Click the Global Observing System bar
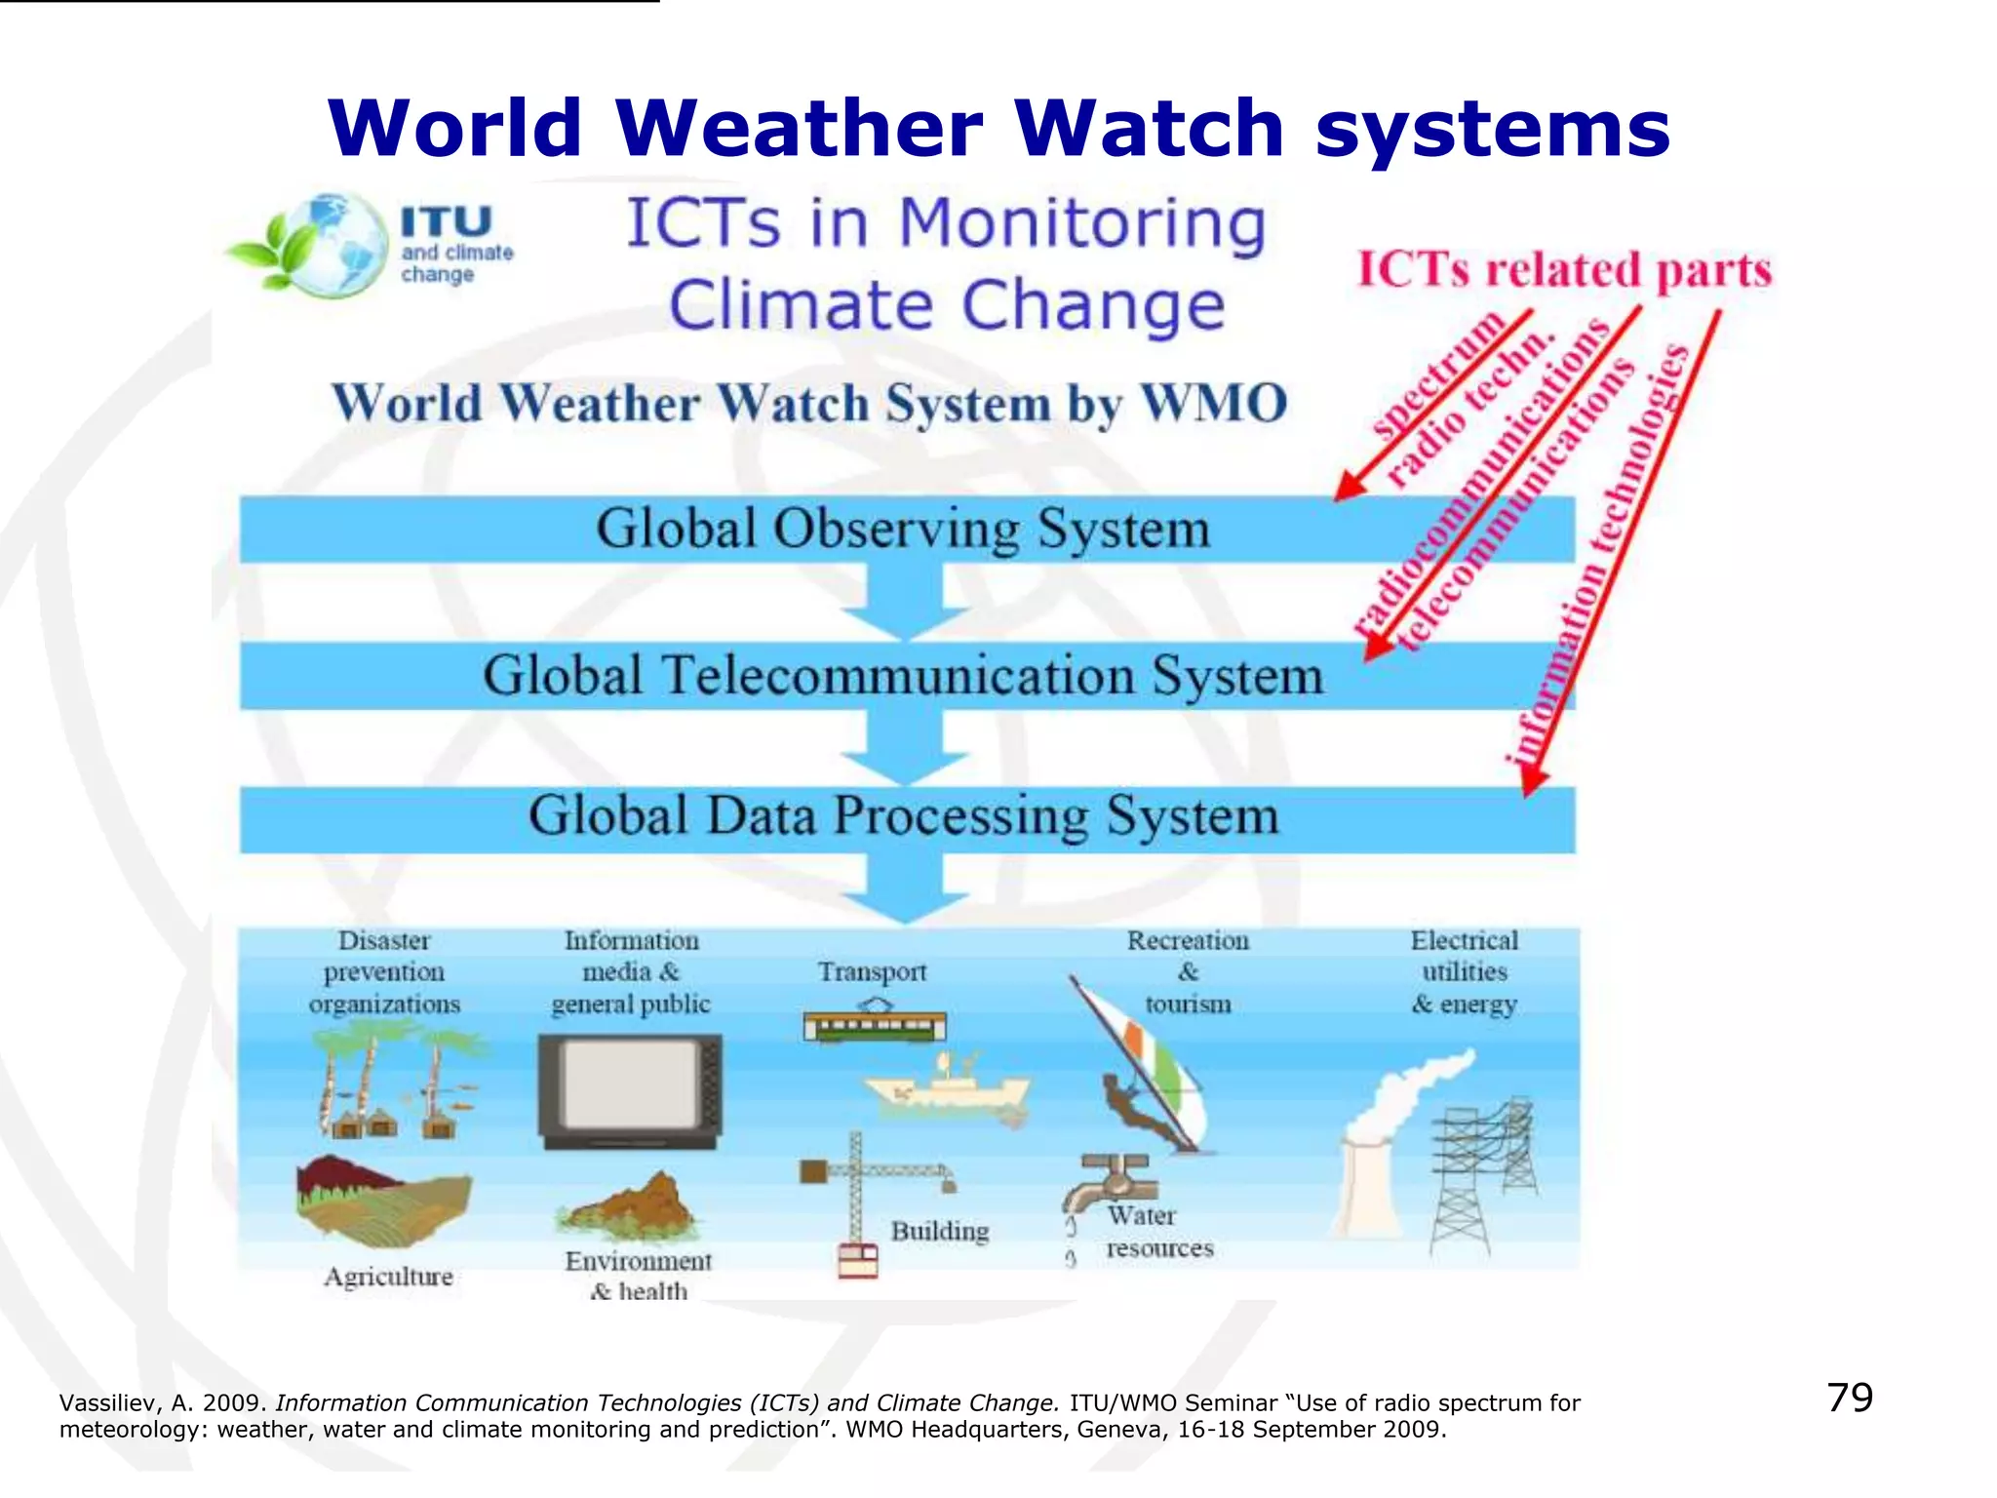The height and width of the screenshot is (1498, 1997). (x=902, y=530)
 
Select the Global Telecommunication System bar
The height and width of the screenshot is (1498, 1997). (x=902, y=676)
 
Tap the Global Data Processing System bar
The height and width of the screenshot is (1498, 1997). (x=902, y=817)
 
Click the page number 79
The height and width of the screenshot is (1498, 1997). (x=1849, y=1398)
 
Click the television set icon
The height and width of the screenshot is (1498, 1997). (x=630, y=1090)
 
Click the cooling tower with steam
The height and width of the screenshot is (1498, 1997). (x=1375, y=1170)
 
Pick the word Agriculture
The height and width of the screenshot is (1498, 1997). (x=388, y=1277)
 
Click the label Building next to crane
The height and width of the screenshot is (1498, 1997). (x=939, y=1231)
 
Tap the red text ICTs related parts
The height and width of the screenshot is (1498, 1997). (x=1564, y=270)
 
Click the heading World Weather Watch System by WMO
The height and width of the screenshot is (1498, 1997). (x=809, y=403)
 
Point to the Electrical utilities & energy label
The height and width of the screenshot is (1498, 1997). (x=1464, y=972)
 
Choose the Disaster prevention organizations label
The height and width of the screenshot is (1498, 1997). (x=384, y=972)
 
